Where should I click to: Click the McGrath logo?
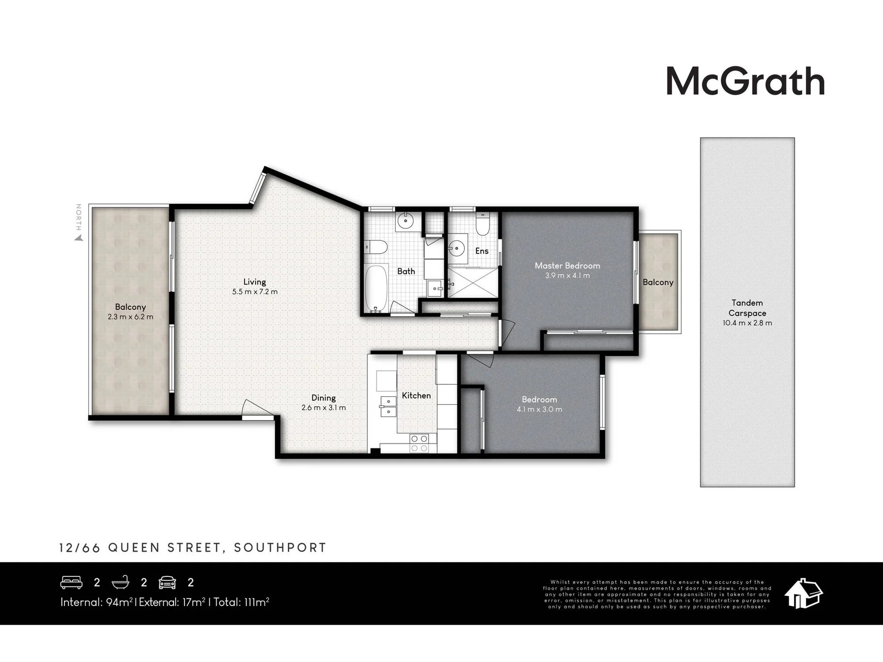(745, 81)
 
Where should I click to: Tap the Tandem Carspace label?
(747, 308)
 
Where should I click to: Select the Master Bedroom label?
(567, 266)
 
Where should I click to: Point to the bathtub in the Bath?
(376, 289)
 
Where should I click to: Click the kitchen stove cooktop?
(419, 443)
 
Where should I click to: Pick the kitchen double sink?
(388, 406)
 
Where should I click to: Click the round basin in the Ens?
(457, 249)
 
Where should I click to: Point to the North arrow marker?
(79, 237)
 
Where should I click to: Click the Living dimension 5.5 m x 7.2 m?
(255, 291)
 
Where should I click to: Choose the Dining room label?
(323, 398)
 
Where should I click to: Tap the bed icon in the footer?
(71, 582)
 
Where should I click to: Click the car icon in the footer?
(167, 582)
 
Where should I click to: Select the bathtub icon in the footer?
(120, 582)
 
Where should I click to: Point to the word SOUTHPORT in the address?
(280, 548)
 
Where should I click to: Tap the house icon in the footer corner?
(803, 594)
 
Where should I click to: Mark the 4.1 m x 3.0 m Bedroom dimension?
(539, 409)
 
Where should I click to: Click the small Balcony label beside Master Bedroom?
(658, 282)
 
